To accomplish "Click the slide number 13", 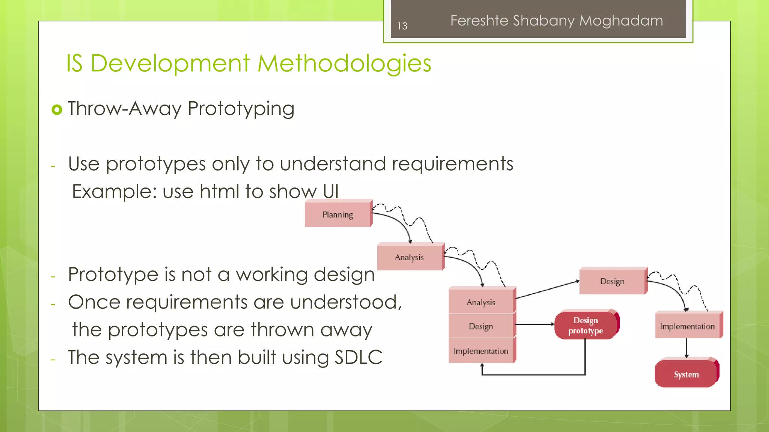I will coord(402,26).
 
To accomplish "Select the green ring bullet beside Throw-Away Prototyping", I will coord(57,109).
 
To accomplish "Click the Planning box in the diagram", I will coord(337,214).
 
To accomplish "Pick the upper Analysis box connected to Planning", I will coord(409,257).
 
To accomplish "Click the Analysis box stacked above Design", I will coord(481,302).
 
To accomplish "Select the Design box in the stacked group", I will coord(481,326).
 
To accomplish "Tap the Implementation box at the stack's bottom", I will coord(481,351).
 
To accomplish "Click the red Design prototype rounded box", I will coord(586,325).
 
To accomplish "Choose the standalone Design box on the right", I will coord(612,281).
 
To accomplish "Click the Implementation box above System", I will coord(687,326).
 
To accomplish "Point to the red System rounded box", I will coord(686,374).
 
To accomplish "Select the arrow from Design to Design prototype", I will coord(535,324).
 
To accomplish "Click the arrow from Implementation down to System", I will coord(686,348).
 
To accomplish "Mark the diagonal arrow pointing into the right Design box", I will coord(547,289).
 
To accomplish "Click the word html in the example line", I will coord(219,191).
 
